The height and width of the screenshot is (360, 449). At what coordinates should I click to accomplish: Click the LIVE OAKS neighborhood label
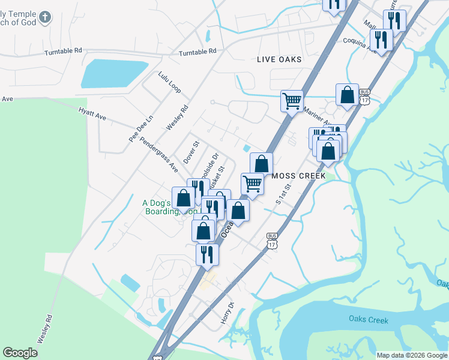click(x=279, y=59)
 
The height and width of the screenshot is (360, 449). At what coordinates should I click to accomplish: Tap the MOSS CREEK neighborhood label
click(x=298, y=176)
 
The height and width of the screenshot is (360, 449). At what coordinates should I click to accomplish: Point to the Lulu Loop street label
click(x=169, y=83)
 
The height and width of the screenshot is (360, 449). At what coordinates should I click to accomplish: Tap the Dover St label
click(x=190, y=152)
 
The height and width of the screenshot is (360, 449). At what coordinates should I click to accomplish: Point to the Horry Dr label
click(x=226, y=313)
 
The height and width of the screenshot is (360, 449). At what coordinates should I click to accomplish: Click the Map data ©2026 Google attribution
click(x=412, y=355)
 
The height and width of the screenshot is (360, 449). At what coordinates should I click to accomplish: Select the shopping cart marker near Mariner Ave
click(x=292, y=101)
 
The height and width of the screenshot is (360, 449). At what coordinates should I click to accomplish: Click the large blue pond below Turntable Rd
click(x=114, y=73)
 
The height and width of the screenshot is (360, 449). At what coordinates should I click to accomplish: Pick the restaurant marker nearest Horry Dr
click(x=207, y=254)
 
